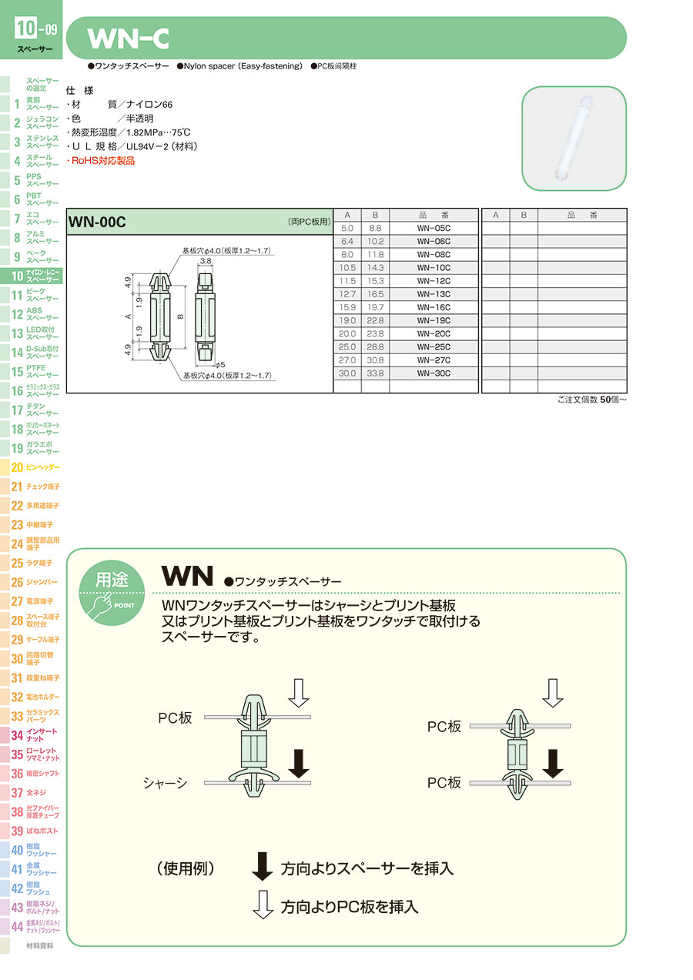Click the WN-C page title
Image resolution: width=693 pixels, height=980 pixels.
pos(128,38)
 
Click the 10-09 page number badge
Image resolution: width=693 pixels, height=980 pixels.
pos(35,31)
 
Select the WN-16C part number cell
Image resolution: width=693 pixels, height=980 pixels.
pos(433,307)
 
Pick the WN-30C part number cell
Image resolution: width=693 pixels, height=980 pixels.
pos(433,373)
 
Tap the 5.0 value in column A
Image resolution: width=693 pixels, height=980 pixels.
pos(346,229)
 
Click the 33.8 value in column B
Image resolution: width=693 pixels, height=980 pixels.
pos(375,373)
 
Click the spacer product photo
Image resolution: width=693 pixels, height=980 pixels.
pos(574,139)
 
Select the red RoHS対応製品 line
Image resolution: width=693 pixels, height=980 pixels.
pos(102,161)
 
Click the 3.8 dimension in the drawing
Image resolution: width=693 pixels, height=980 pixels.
pos(206,262)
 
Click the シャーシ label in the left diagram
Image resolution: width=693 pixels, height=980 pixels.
pos(166,783)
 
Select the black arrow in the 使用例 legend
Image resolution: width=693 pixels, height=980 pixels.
pos(263,867)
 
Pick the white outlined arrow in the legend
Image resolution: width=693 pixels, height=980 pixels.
pos(263,905)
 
